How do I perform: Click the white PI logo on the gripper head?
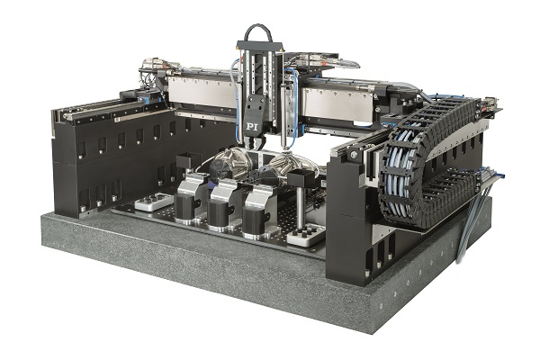[x=252, y=126]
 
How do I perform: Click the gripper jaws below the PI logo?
[x=255, y=141]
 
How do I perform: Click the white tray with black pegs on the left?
[x=154, y=202]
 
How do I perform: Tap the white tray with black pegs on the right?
[x=306, y=235]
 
